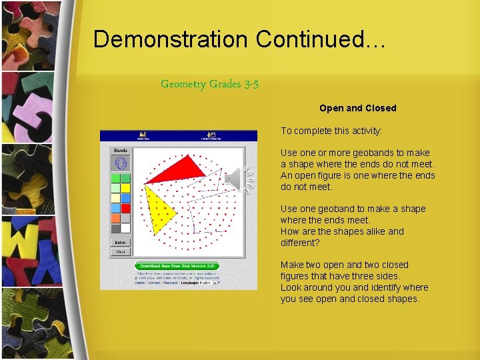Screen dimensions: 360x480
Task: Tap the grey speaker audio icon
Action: pos(237,179)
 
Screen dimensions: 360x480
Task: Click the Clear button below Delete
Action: pos(121,252)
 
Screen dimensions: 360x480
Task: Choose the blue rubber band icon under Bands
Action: pos(121,163)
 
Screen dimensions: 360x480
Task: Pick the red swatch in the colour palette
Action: pos(125,208)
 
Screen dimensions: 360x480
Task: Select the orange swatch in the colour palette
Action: pos(115,218)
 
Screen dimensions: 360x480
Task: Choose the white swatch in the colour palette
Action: pos(125,228)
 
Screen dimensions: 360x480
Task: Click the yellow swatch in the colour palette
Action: pos(125,188)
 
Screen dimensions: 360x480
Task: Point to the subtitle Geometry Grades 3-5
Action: pos(209,84)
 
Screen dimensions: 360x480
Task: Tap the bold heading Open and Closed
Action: pos(357,108)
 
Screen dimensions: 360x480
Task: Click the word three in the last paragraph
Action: pos(370,276)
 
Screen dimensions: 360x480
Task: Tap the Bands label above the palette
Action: pos(121,150)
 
